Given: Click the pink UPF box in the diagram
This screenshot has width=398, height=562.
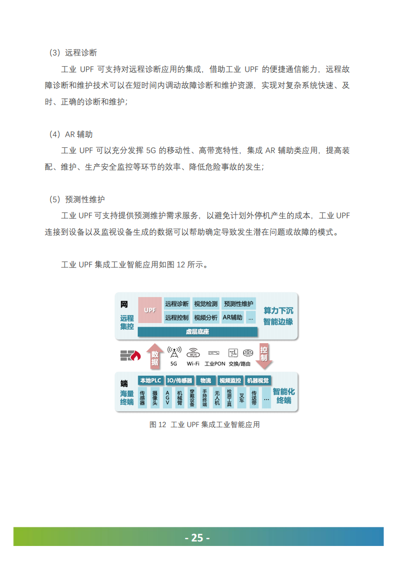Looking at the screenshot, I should (150, 310).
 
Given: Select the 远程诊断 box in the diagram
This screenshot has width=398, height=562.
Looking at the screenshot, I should (177, 304).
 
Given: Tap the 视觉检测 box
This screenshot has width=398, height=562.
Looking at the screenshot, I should (206, 304).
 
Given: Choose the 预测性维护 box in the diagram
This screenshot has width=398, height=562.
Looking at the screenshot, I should (239, 304).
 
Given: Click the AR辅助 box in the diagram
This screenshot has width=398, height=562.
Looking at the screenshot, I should (232, 317).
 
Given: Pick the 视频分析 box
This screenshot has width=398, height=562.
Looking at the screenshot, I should (206, 317).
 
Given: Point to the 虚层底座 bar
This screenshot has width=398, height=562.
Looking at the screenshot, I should (197, 332).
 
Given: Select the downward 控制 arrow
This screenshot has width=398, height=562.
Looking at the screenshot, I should (264, 355).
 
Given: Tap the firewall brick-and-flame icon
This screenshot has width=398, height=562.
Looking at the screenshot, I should (130, 356).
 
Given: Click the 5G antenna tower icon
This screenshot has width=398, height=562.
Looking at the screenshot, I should (174, 352).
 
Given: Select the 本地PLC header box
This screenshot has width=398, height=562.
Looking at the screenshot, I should (150, 380).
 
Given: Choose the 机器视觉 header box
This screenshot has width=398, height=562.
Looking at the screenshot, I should (258, 380).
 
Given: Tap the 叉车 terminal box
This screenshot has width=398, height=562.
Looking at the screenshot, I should (242, 398).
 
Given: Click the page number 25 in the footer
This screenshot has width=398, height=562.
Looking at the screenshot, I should (198, 537).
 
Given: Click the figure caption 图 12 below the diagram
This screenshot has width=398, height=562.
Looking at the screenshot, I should (205, 425).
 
